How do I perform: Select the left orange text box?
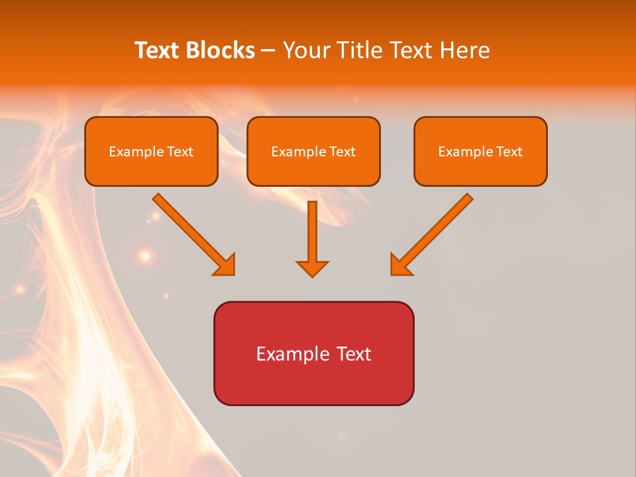pos(151,151)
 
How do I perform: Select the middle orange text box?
pos(313,151)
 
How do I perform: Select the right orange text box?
pos(480,151)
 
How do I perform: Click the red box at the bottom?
pos(313,353)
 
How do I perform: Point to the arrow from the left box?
pos(192,233)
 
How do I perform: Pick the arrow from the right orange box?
pos(433,233)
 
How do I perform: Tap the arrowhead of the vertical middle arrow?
pos(312,269)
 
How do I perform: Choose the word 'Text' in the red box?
pos(355,354)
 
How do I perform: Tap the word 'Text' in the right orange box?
pos(509,152)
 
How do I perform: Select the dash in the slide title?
pos(268,50)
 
